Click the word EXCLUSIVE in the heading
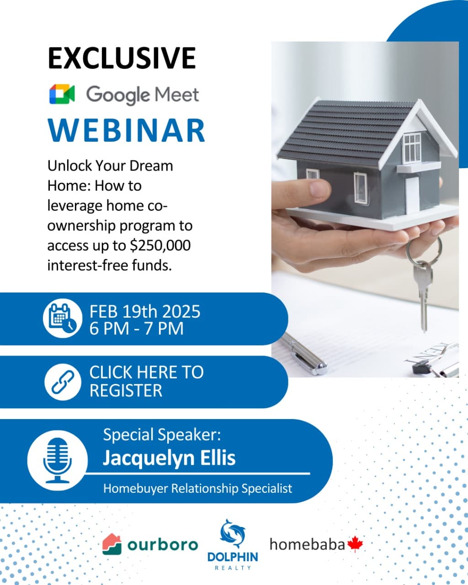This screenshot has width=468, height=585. click(x=122, y=58)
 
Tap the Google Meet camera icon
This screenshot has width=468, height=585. click(x=62, y=94)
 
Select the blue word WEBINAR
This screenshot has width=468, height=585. click(x=126, y=130)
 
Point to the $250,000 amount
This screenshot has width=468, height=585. click(x=160, y=245)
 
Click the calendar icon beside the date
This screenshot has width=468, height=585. click(x=63, y=319)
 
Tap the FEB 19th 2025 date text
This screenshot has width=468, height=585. click(x=145, y=311)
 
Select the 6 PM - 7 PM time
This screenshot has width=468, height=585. click(x=137, y=329)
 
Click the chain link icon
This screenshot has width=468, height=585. click(x=63, y=382)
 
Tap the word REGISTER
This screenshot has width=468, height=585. click(x=126, y=390)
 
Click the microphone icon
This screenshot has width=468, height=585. click(x=58, y=460)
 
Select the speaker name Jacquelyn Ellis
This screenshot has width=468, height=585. click(x=169, y=458)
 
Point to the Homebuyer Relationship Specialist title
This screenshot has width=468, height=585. click(x=198, y=489)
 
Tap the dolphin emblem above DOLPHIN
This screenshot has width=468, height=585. click(x=233, y=534)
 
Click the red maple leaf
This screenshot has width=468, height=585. click(x=355, y=544)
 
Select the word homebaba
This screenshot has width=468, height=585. click(x=307, y=544)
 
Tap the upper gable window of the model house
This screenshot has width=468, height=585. click(x=412, y=148)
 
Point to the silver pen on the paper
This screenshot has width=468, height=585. click(x=303, y=354)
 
